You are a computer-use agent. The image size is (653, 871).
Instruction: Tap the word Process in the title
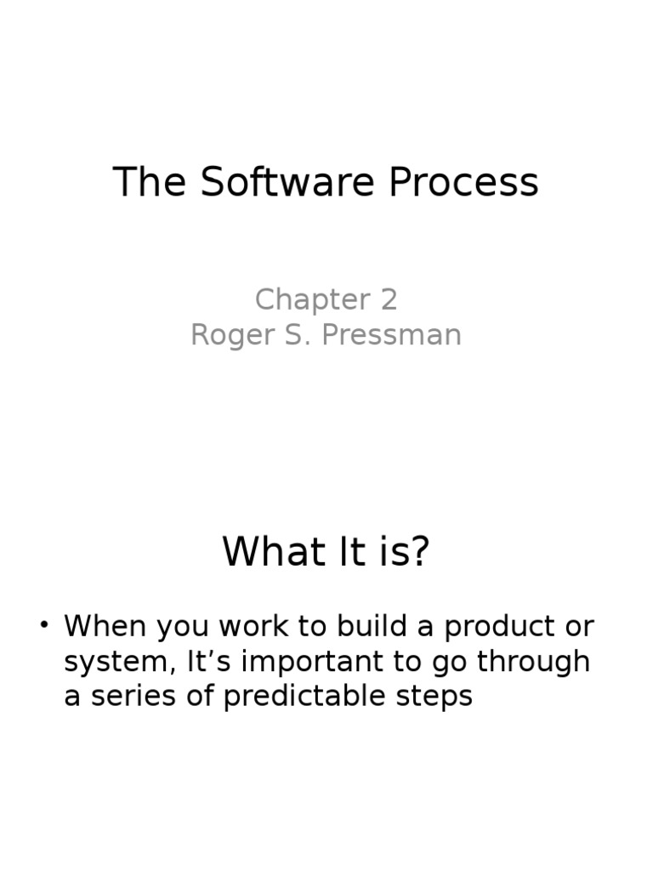(x=464, y=182)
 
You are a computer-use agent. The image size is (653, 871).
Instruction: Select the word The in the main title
(x=150, y=182)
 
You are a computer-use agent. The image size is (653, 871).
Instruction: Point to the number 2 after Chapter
(x=388, y=300)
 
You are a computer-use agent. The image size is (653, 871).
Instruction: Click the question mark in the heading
(x=419, y=552)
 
